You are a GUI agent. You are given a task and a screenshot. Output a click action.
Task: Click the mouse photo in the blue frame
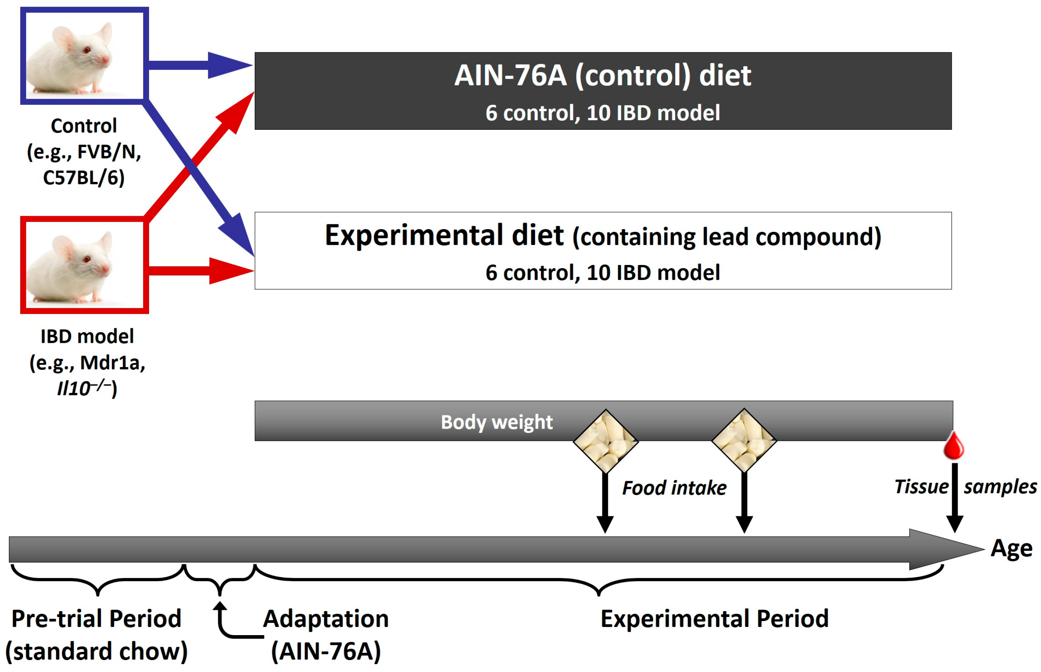click(x=84, y=56)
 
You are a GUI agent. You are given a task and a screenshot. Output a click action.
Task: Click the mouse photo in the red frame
click(x=84, y=265)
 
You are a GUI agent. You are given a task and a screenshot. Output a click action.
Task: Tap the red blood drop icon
click(x=953, y=446)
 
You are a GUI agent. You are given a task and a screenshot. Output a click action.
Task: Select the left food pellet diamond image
click(x=605, y=441)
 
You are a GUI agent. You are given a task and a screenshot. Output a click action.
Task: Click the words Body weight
click(x=497, y=422)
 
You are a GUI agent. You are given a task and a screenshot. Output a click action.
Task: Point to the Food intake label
click(x=674, y=488)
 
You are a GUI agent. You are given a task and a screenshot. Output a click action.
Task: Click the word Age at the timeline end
click(x=1011, y=548)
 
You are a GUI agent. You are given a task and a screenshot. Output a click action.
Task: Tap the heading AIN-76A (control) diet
click(x=602, y=75)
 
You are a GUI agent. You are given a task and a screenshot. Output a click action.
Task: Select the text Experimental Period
click(x=714, y=618)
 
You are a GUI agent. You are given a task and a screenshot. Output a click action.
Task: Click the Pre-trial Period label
click(x=96, y=618)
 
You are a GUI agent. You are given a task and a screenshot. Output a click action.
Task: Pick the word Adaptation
click(x=325, y=618)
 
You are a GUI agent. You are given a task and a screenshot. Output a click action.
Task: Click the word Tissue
click(x=921, y=487)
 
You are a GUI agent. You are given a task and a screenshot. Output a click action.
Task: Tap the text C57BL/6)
click(x=84, y=178)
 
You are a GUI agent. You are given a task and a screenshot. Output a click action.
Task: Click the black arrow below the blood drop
click(x=955, y=498)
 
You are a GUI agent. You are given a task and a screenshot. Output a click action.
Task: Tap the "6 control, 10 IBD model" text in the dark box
click(x=602, y=113)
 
